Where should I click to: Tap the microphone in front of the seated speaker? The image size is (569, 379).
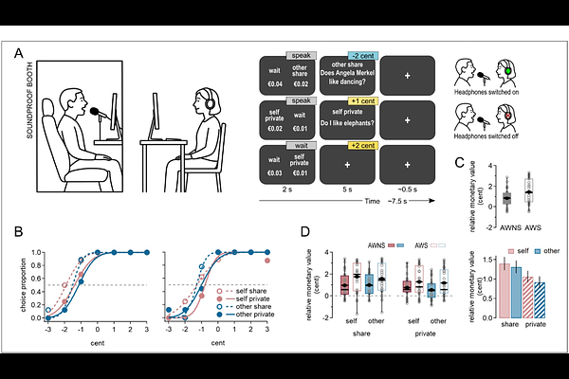point(95,113)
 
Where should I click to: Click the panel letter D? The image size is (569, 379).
point(303,231)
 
